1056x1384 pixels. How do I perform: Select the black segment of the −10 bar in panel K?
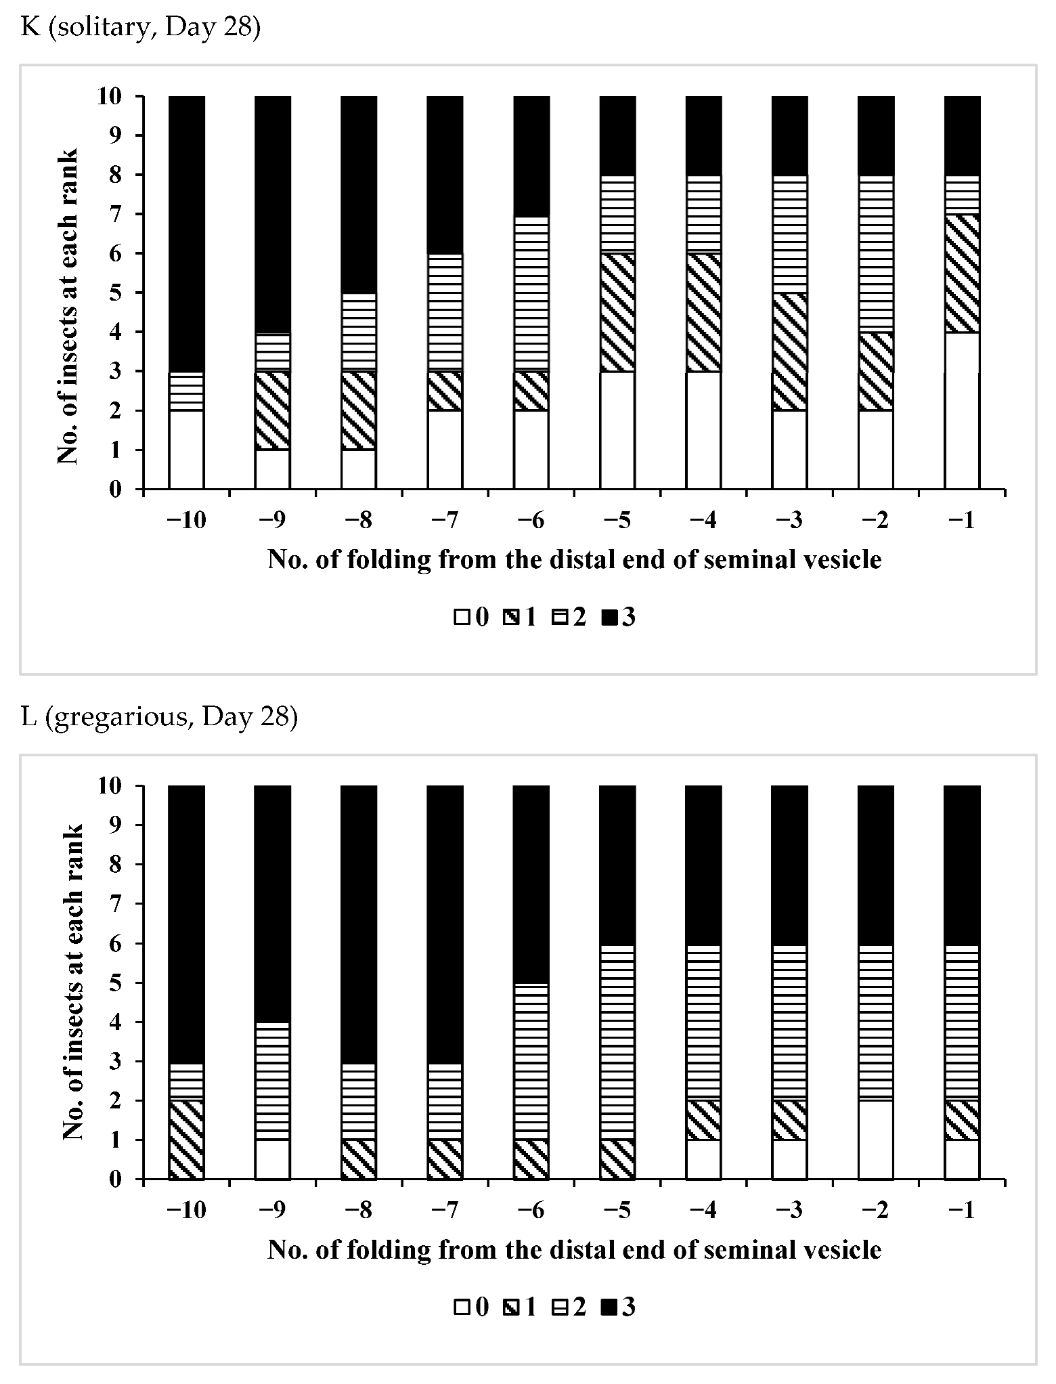[186, 234]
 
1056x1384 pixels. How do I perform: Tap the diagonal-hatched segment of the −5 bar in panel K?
[617, 312]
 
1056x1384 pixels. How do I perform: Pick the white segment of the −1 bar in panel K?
[962, 410]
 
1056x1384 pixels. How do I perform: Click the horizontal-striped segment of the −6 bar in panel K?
[531, 293]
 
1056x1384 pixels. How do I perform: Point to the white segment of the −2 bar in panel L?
[876, 1139]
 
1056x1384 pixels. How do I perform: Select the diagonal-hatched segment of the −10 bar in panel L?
[186, 1139]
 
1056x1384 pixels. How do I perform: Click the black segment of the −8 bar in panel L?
[359, 924]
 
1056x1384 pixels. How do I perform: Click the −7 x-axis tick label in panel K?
[445, 522]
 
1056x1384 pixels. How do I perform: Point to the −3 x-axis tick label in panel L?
[790, 1211]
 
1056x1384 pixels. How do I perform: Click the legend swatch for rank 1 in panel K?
[510, 617]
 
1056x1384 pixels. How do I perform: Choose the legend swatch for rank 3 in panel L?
[608, 1307]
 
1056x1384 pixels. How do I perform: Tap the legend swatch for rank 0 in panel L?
[462, 1307]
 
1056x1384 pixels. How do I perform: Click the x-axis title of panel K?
[574, 560]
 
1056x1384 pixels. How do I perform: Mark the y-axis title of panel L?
[73, 982]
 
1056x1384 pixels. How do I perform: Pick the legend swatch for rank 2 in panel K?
[559, 617]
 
